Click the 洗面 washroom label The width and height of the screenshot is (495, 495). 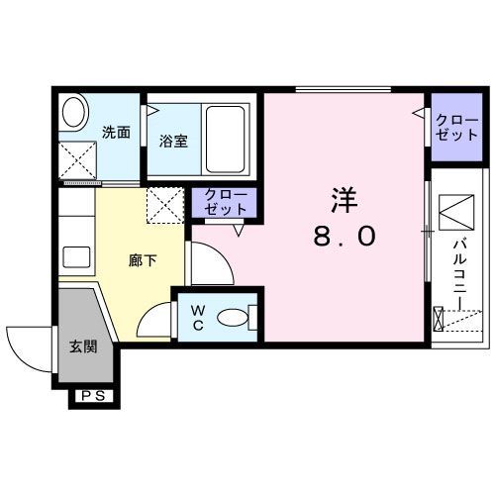(115, 132)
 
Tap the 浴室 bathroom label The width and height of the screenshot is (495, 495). (173, 140)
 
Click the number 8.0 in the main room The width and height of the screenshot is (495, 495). (345, 239)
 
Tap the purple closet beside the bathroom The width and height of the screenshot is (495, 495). (228, 202)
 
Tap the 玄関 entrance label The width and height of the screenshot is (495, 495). (82, 346)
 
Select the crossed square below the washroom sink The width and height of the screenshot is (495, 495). (75, 159)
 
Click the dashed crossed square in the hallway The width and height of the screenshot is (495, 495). (164, 205)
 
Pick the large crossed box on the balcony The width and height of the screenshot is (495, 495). (454, 211)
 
